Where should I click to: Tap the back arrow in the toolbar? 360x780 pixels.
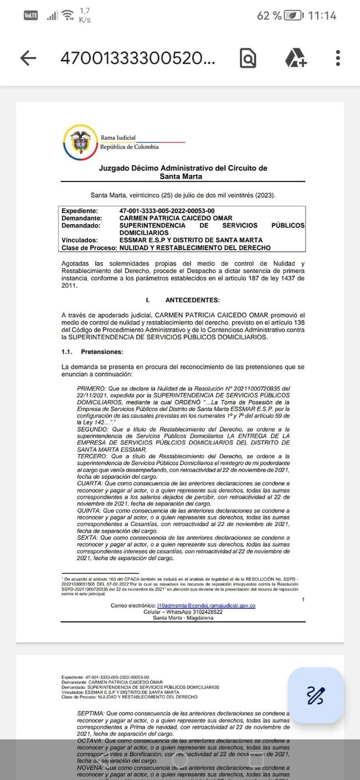coord(28,58)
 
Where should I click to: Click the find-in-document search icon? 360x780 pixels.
coord(248,58)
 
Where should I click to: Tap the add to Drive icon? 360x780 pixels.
coord(296,58)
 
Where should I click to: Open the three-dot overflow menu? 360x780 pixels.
coord(338,58)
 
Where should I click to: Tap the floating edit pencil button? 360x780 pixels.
coord(316,695)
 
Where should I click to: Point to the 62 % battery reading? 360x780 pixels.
coord(269,16)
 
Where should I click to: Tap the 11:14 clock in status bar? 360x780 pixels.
coord(322,16)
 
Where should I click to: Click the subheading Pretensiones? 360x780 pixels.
coord(102,352)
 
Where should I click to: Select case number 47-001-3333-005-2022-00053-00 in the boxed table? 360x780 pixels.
coord(167,211)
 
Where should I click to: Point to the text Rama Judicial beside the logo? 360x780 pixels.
coord(118,138)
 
